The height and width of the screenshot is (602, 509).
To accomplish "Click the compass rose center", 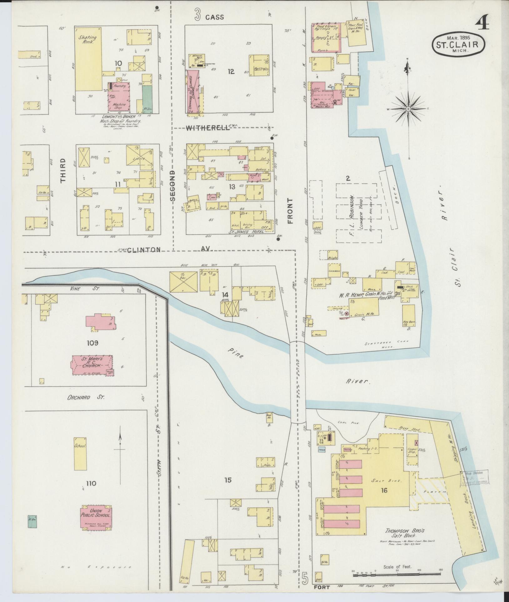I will pyautogui.click(x=408, y=109).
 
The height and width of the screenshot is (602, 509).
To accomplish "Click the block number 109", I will pyautogui.click(x=93, y=343).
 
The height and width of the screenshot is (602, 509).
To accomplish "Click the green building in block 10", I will pyautogui.click(x=146, y=97).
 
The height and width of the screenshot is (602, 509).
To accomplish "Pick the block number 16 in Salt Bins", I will pyautogui.click(x=384, y=490).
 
